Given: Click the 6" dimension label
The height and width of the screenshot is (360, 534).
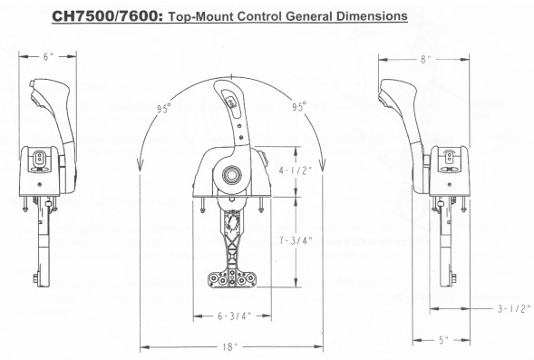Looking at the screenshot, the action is tap(48, 56).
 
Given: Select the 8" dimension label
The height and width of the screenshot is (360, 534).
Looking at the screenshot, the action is tap(426, 60).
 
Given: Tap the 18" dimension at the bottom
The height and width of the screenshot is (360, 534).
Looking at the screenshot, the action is tap(229, 347).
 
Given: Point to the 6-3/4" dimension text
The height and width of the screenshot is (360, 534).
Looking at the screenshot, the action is tap(234, 316).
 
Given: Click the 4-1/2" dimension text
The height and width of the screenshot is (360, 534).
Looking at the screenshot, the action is tap(296, 170).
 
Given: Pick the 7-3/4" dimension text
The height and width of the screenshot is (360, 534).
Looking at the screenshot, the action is tap(296, 240).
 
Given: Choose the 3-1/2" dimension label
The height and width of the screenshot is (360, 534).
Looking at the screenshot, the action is tap(514, 308).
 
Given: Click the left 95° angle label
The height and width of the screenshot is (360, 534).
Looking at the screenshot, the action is tap(164, 109).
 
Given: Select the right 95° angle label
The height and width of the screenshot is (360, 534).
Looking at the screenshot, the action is tap(299, 107).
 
